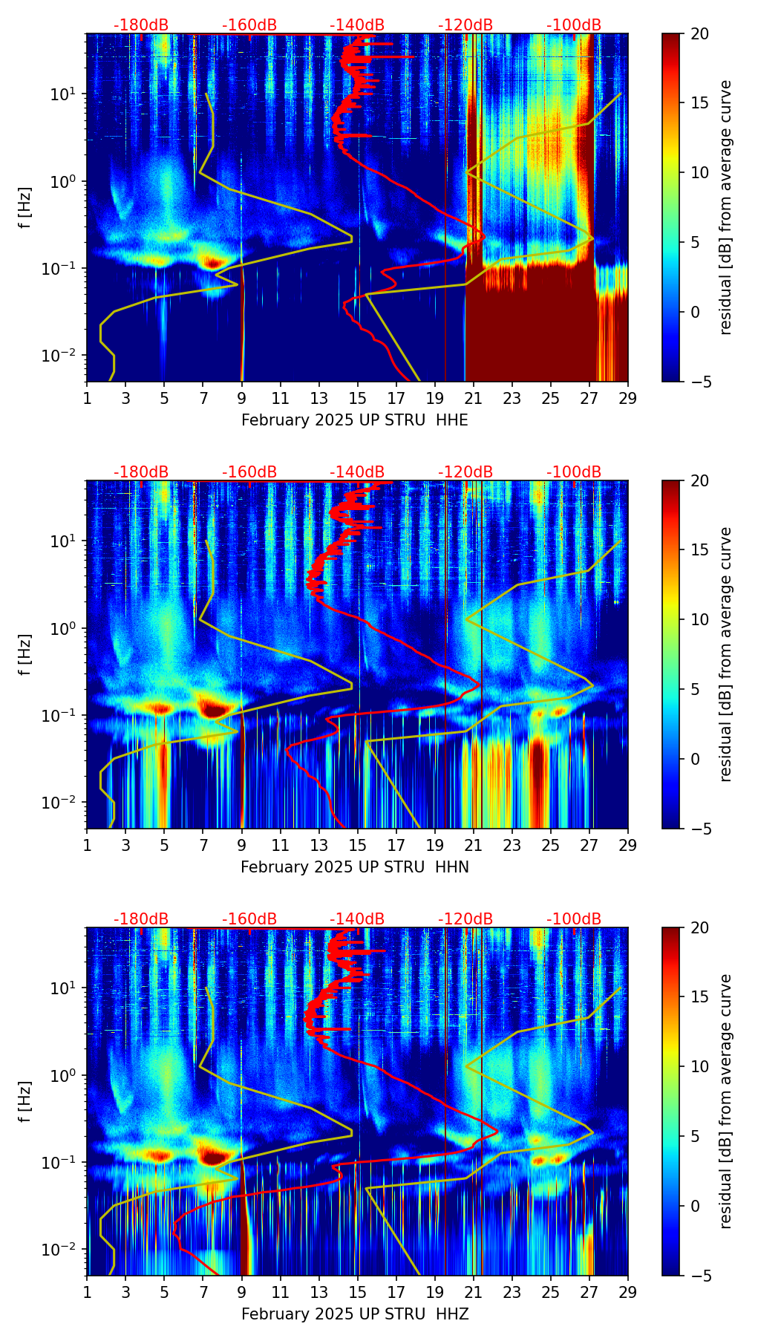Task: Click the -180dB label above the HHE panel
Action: [x=141, y=25]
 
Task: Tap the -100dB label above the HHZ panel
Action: [x=574, y=919]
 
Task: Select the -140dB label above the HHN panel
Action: [x=357, y=472]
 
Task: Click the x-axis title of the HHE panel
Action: [x=355, y=420]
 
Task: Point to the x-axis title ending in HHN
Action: [x=355, y=867]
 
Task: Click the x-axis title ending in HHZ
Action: [x=355, y=1314]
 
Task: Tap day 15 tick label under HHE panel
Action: [x=358, y=398]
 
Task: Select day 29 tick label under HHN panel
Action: [x=628, y=845]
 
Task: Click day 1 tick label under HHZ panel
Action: [x=87, y=1292]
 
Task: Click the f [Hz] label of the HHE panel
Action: [x=25, y=208]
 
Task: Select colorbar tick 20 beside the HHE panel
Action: [x=699, y=34]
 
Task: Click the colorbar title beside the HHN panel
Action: [x=726, y=654]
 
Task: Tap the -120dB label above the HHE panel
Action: [x=465, y=25]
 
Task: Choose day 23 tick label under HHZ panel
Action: [x=512, y=1292]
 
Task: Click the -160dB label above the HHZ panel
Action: [x=249, y=919]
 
